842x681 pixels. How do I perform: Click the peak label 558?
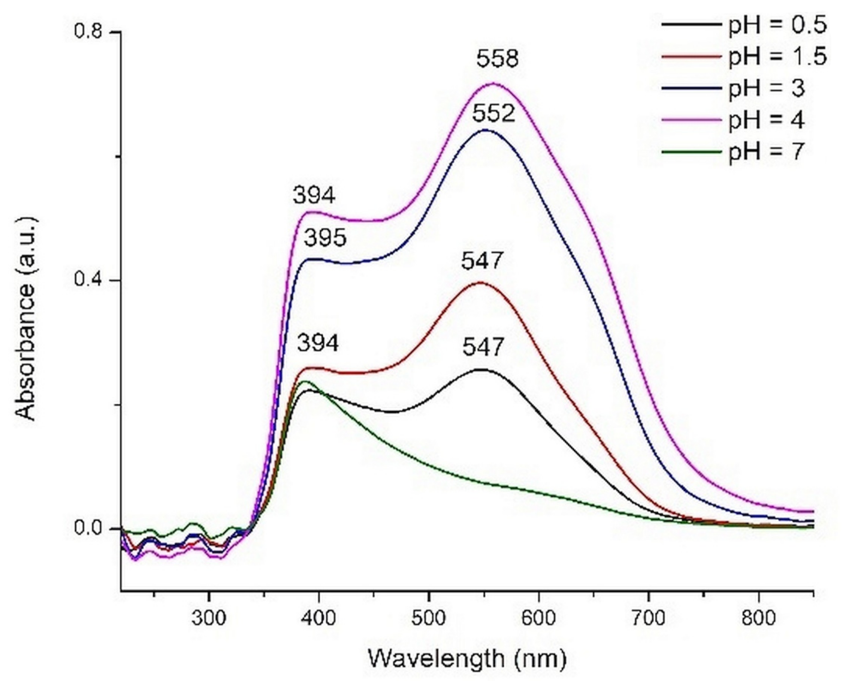[497, 59]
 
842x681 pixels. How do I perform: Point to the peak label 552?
[493, 114]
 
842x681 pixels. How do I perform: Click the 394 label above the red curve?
[317, 344]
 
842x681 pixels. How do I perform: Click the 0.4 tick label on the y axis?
[88, 280]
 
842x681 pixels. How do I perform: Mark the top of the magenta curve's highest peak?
[494, 83]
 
